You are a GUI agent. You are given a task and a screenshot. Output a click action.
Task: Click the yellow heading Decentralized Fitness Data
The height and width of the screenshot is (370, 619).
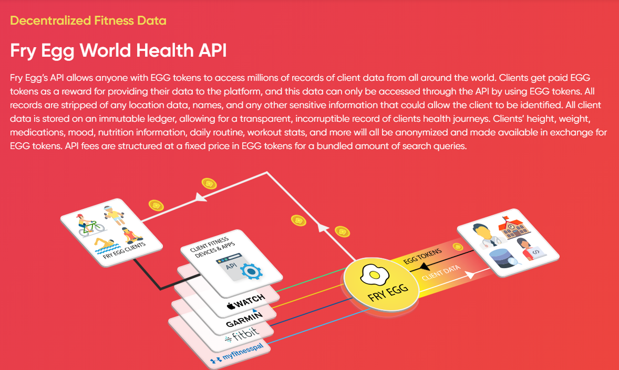coord(88,20)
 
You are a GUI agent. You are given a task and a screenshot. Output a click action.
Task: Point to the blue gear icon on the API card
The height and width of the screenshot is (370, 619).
coord(251,271)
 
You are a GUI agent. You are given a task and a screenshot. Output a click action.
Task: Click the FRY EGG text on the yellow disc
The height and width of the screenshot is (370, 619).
coord(388,293)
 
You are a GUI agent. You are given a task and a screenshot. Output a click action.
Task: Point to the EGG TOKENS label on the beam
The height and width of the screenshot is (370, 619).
coord(422,257)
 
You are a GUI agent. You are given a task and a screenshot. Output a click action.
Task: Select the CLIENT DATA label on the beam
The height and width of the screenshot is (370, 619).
coord(441,272)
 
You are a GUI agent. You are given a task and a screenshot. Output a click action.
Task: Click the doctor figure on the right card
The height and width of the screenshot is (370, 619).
coord(485,236)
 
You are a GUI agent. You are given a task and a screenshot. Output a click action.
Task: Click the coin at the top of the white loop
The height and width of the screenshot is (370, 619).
coord(209,183)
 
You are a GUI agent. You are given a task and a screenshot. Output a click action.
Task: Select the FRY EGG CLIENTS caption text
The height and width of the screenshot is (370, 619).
coord(124,250)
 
